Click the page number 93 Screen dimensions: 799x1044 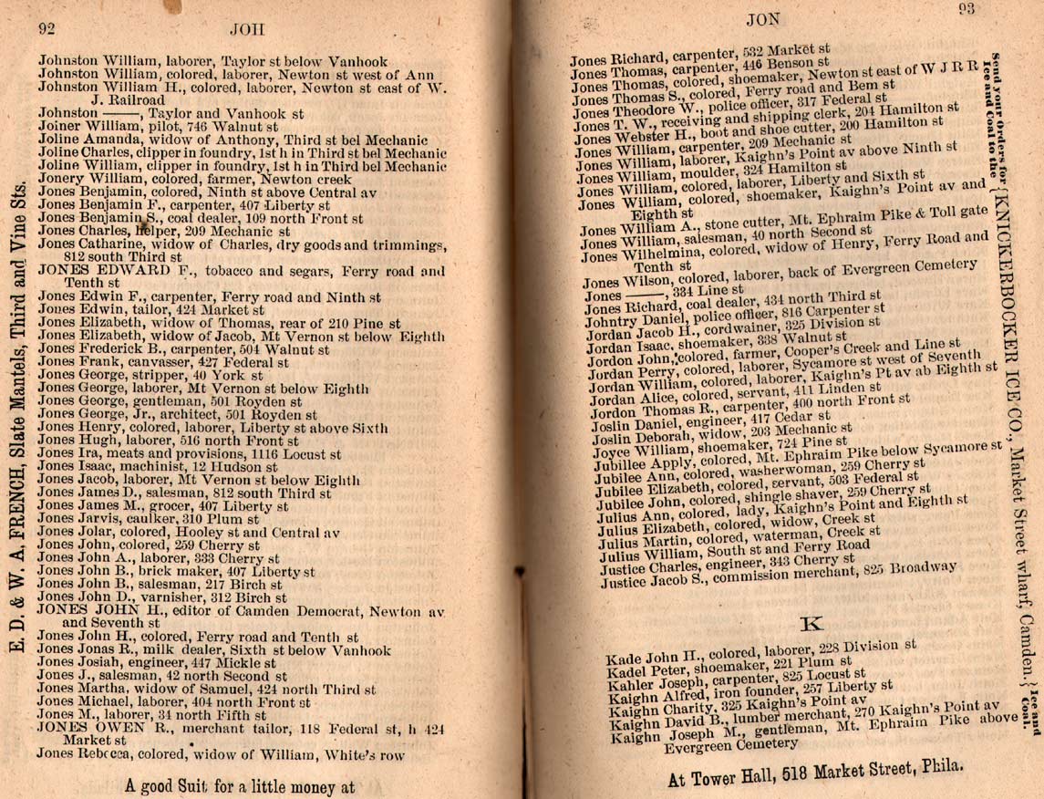[969, 10]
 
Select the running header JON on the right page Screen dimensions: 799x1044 [760, 18]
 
